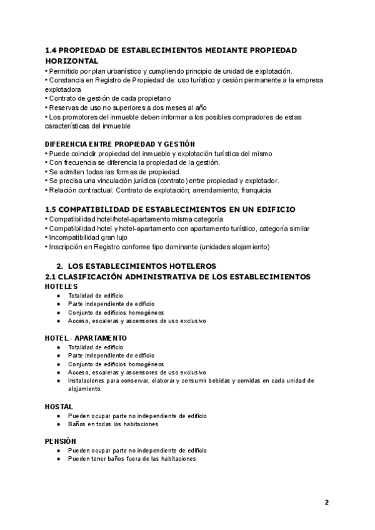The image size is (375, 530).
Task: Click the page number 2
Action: coord(326,502)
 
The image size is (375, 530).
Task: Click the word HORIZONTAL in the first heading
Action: coord(72,61)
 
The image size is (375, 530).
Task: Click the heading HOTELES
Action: coord(61,286)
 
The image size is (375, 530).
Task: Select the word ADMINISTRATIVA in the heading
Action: coord(160,276)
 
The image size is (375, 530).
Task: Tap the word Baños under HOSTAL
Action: coord(77,424)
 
